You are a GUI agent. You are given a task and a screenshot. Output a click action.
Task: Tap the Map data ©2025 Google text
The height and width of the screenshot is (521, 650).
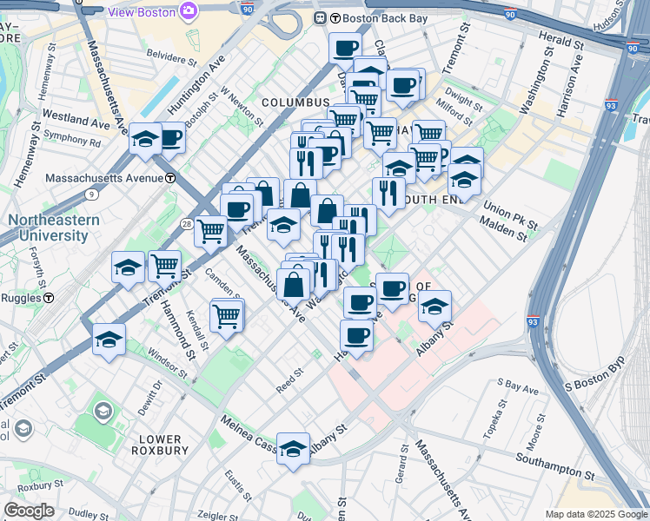click(595, 514)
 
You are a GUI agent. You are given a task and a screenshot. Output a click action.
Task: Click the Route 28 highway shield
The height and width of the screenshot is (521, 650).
click(187, 224)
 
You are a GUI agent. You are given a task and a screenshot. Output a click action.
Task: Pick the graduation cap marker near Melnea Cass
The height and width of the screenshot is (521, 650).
click(294, 448)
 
